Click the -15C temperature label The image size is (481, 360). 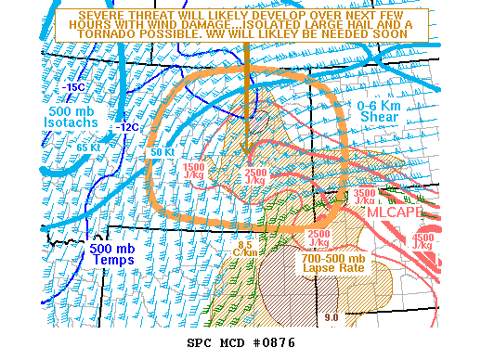tap(75, 86)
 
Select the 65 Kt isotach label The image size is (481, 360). tap(88, 147)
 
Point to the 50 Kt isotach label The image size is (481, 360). tap(162, 152)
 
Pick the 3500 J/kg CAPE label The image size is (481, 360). tap(365, 197)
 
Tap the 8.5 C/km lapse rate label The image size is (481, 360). tap(245, 249)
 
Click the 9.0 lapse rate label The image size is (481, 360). tap(332, 319)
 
